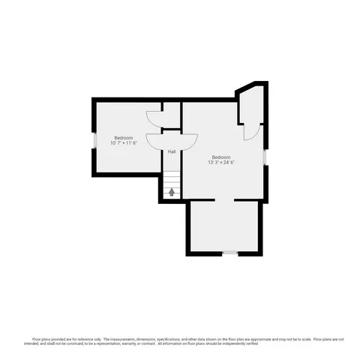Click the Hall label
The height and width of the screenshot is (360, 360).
(172, 151)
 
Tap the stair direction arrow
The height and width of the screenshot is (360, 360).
(172, 192)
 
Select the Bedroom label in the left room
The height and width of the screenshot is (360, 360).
(124, 138)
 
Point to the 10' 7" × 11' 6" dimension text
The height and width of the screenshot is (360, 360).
(124, 143)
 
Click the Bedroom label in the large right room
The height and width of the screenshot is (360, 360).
(221, 157)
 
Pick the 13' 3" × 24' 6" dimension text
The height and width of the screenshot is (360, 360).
(221, 162)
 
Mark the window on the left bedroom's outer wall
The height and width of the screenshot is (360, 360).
(94, 140)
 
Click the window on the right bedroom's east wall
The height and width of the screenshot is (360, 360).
(265, 157)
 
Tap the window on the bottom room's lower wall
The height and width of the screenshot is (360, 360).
(230, 253)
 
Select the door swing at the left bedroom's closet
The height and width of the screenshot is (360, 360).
(154, 118)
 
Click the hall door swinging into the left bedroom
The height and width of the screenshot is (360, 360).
(156, 139)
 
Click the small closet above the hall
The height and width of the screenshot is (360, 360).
(172, 115)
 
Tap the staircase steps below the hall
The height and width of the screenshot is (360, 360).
(172, 184)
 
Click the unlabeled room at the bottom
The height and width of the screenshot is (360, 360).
(226, 226)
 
